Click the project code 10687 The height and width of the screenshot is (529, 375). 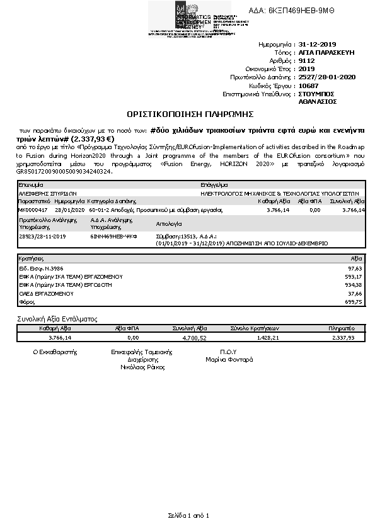(308, 85)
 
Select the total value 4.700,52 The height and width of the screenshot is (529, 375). (194, 338)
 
